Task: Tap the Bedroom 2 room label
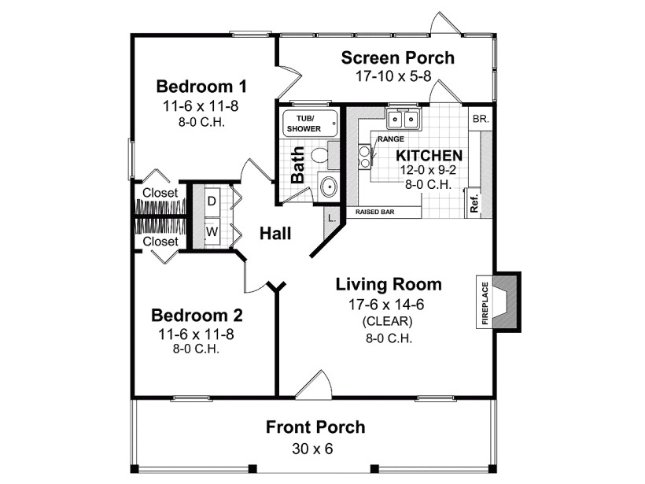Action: point(197,316)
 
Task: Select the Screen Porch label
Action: point(397,57)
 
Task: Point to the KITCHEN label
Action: point(429,155)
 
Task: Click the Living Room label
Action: point(389,284)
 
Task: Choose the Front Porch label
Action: point(315,427)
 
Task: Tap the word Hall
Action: point(275,234)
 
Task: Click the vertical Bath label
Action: point(298,168)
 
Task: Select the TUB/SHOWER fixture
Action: point(310,124)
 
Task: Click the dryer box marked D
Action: point(212,201)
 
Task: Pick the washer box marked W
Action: point(212,232)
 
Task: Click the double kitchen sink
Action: point(407,120)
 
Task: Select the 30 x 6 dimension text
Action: point(315,449)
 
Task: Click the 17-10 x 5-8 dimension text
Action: point(397,76)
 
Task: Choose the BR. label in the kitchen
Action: point(480,120)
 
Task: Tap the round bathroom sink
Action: point(328,187)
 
